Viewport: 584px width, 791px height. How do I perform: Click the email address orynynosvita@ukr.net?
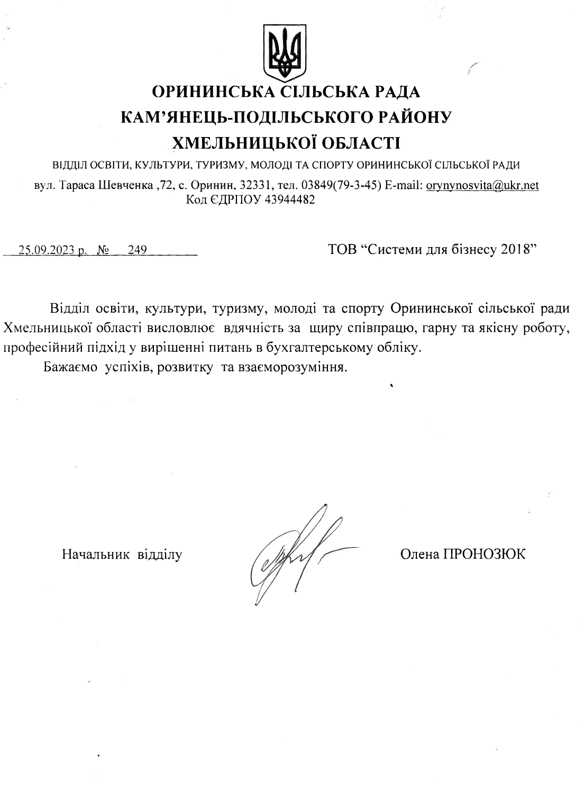click(482, 186)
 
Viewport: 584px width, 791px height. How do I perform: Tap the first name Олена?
click(419, 554)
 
